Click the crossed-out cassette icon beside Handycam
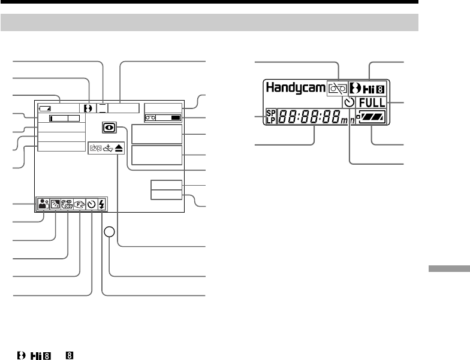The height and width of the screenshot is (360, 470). [336, 88]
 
